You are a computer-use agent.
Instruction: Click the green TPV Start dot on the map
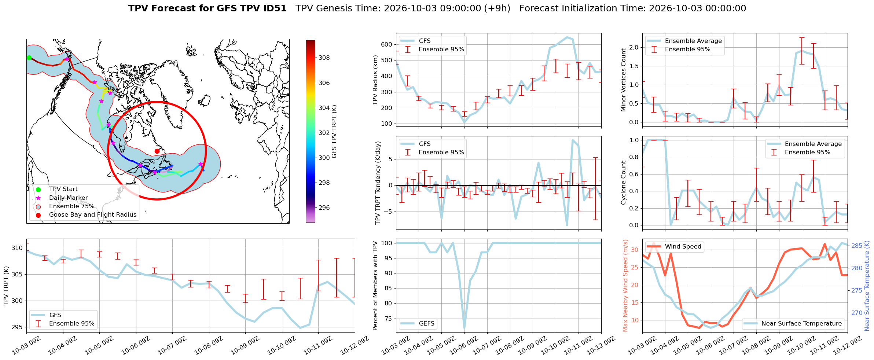point(29,58)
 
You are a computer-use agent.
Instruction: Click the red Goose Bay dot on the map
point(157,151)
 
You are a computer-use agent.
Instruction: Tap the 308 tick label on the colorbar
point(324,58)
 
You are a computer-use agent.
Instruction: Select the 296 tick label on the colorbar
point(324,207)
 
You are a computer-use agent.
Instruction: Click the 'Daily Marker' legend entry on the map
point(68,198)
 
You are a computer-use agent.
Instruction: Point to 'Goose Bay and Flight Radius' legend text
point(93,215)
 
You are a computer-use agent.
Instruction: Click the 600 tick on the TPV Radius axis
point(387,44)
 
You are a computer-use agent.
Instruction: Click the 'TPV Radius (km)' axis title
point(375,80)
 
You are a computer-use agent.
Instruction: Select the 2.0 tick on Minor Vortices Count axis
point(634,47)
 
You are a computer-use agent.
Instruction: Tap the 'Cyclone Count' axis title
point(624,183)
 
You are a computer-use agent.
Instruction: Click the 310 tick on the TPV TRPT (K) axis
point(17,248)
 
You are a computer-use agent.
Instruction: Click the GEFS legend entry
point(418,323)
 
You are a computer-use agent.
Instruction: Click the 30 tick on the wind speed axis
point(635,250)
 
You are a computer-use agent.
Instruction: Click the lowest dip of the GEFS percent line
point(464,328)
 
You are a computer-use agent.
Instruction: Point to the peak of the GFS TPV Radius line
point(567,37)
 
